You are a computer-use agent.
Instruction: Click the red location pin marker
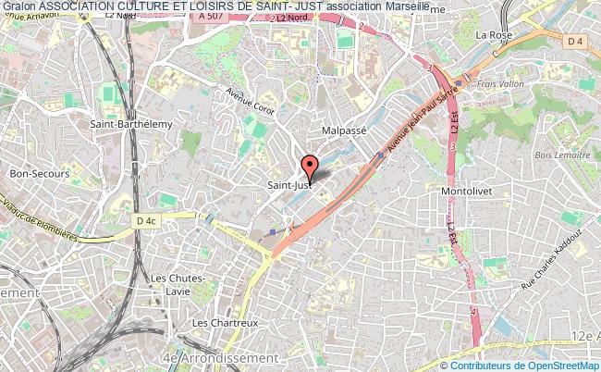pos(311,167)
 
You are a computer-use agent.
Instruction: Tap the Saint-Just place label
pos(288,185)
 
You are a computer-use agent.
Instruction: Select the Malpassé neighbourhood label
pos(344,131)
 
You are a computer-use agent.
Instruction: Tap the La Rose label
pos(494,35)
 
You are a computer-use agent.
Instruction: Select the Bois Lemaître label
pos(564,155)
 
